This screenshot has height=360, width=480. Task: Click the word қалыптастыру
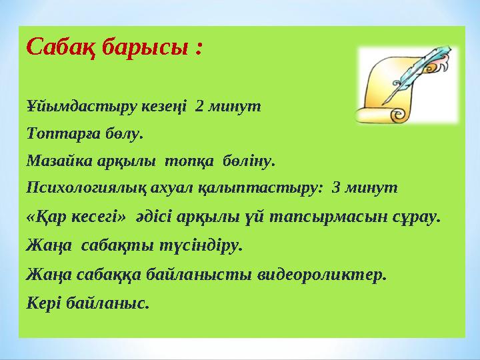pyautogui.click(x=259, y=189)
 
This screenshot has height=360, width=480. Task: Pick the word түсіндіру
pyautogui.click(x=201, y=246)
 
